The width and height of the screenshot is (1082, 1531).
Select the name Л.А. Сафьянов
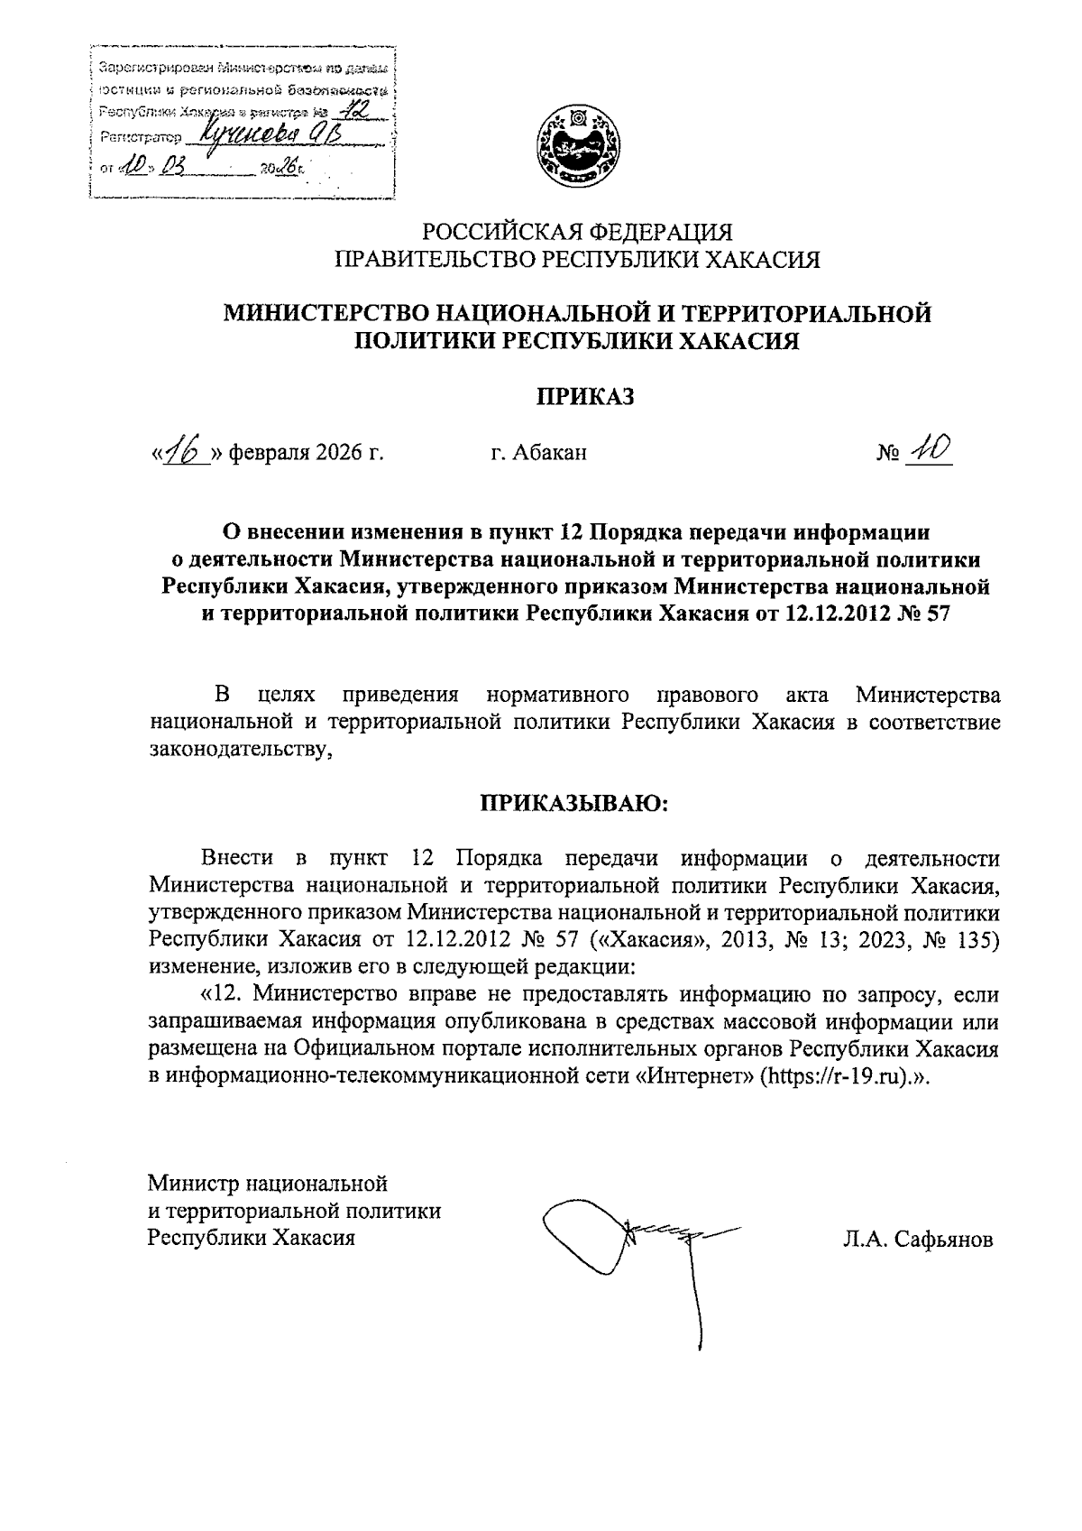918,1239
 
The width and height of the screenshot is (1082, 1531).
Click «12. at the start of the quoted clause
219,995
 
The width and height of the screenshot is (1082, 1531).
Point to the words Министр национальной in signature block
268,1181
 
